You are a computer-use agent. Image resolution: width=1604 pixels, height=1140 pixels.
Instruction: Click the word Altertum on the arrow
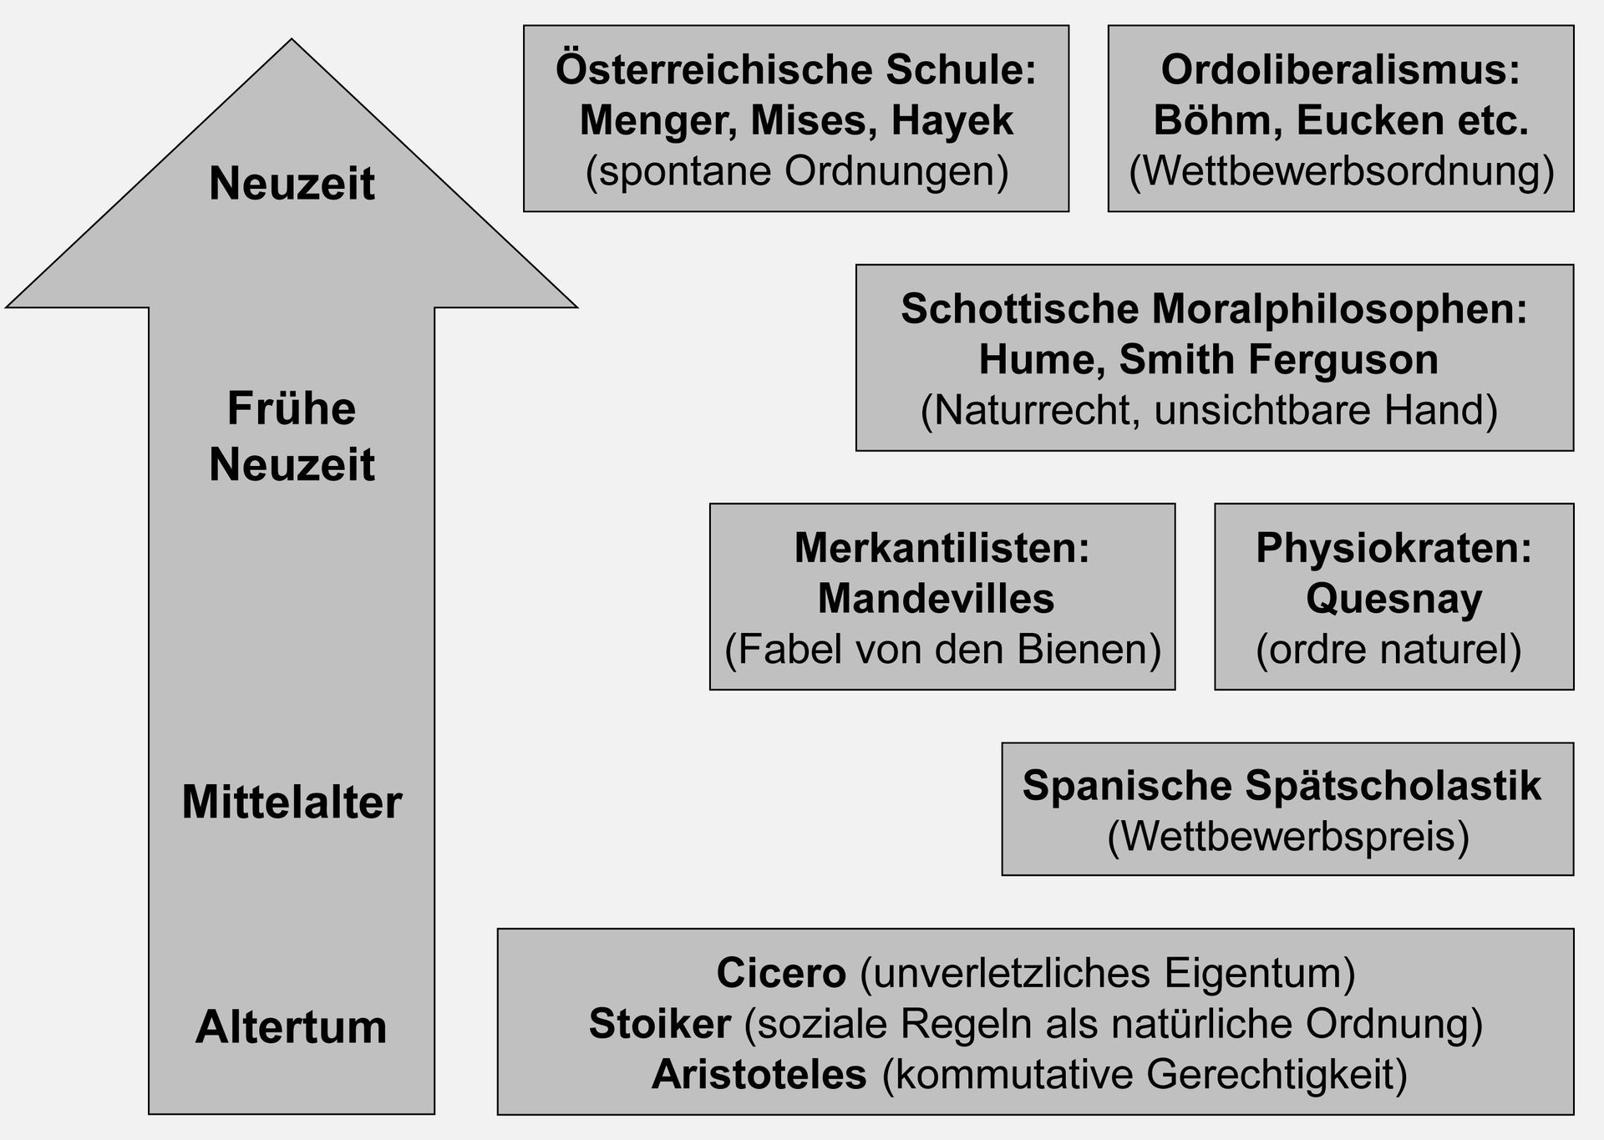pyautogui.click(x=292, y=1026)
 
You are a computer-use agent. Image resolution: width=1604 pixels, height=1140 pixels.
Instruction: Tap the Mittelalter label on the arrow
pyautogui.click(x=292, y=802)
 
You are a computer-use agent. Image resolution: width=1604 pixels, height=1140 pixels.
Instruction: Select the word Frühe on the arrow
pyautogui.click(x=292, y=408)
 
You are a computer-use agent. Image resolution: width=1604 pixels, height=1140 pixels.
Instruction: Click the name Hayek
pyautogui.click(x=952, y=121)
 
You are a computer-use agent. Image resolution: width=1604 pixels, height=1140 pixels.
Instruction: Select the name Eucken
pyautogui.click(x=1373, y=121)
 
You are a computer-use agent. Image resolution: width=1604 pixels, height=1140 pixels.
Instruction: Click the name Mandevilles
pyautogui.click(x=936, y=599)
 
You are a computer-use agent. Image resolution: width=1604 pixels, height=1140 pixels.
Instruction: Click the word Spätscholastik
pyautogui.click(x=1393, y=787)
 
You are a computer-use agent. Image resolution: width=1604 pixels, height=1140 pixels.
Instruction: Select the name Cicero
pyautogui.click(x=781, y=973)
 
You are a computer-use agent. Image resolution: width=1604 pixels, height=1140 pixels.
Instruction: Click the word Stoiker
pyautogui.click(x=660, y=1024)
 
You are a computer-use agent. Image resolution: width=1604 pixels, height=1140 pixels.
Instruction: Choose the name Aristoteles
pyautogui.click(x=759, y=1075)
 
